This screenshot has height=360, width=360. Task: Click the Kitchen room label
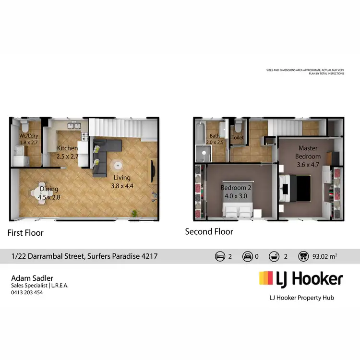tap(67, 148)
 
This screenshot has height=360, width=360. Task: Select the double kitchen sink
tap(74, 126)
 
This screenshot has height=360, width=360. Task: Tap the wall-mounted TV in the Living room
tap(153, 171)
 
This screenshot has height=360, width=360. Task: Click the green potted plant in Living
tap(136, 213)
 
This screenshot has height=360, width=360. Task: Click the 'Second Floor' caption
tap(209, 232)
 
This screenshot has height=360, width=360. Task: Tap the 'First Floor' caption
tap(25, 233)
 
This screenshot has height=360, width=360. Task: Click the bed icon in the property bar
tap(219, 256)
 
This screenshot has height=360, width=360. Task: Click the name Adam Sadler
tap(32, 278)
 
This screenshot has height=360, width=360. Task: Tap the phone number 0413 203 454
tap(27, 292)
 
